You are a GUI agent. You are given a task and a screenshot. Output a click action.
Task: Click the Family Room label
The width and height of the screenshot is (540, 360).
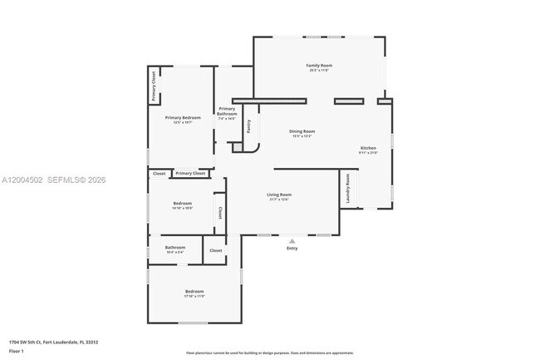pyautogui.click(x=318, y=65)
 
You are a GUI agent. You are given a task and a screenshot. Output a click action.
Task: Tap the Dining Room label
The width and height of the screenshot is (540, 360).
pyautogui.click(x=302, y=131)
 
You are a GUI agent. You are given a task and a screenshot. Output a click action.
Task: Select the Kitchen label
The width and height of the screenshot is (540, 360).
pyautogui.click(x=368, y=148)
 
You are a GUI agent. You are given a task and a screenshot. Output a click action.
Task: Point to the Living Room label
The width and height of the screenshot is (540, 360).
pyautogui.click(x=279, y=195)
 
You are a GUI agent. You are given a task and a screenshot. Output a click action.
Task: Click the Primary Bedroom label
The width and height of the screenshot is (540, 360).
pyautogui.click(x=183, y=118)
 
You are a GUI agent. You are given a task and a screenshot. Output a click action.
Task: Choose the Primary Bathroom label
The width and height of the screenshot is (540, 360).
pyautogui.click(x=227, y=113)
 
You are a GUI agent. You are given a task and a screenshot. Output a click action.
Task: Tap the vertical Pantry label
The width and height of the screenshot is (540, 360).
pyautogui.click(x=248, y=126)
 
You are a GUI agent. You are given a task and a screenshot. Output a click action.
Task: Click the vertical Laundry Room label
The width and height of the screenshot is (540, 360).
pyautogui.click(x=348, y=188)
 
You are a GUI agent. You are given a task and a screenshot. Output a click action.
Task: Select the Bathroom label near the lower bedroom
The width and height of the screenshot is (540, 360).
pyautogui.click(x=174, y=247)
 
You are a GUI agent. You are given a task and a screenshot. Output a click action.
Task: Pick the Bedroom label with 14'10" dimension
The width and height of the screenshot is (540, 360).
pyautogui.click(x=182, y=204)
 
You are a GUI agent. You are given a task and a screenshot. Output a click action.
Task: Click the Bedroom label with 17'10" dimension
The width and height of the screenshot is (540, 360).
pyautogui.click(x=194, y=291)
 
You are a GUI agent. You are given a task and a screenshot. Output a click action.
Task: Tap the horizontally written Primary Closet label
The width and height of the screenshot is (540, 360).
pyautogui.click(x=190, y=173)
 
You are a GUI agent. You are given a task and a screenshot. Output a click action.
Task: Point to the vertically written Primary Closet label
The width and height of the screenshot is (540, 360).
pyautogui.click(x=154, y=86)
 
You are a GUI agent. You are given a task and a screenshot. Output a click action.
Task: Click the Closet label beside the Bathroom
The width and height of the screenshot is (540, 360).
pyautogui.click(x=215, y=250)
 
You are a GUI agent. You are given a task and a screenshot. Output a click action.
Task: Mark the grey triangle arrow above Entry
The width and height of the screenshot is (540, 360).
pyautogui.click(x=292, y=240)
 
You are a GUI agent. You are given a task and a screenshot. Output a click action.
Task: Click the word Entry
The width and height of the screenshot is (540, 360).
pyautogui.click(x=292, y=248)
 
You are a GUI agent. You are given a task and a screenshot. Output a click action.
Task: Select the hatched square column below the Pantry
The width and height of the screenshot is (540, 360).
pyautogui.click(x=237, y=147)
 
